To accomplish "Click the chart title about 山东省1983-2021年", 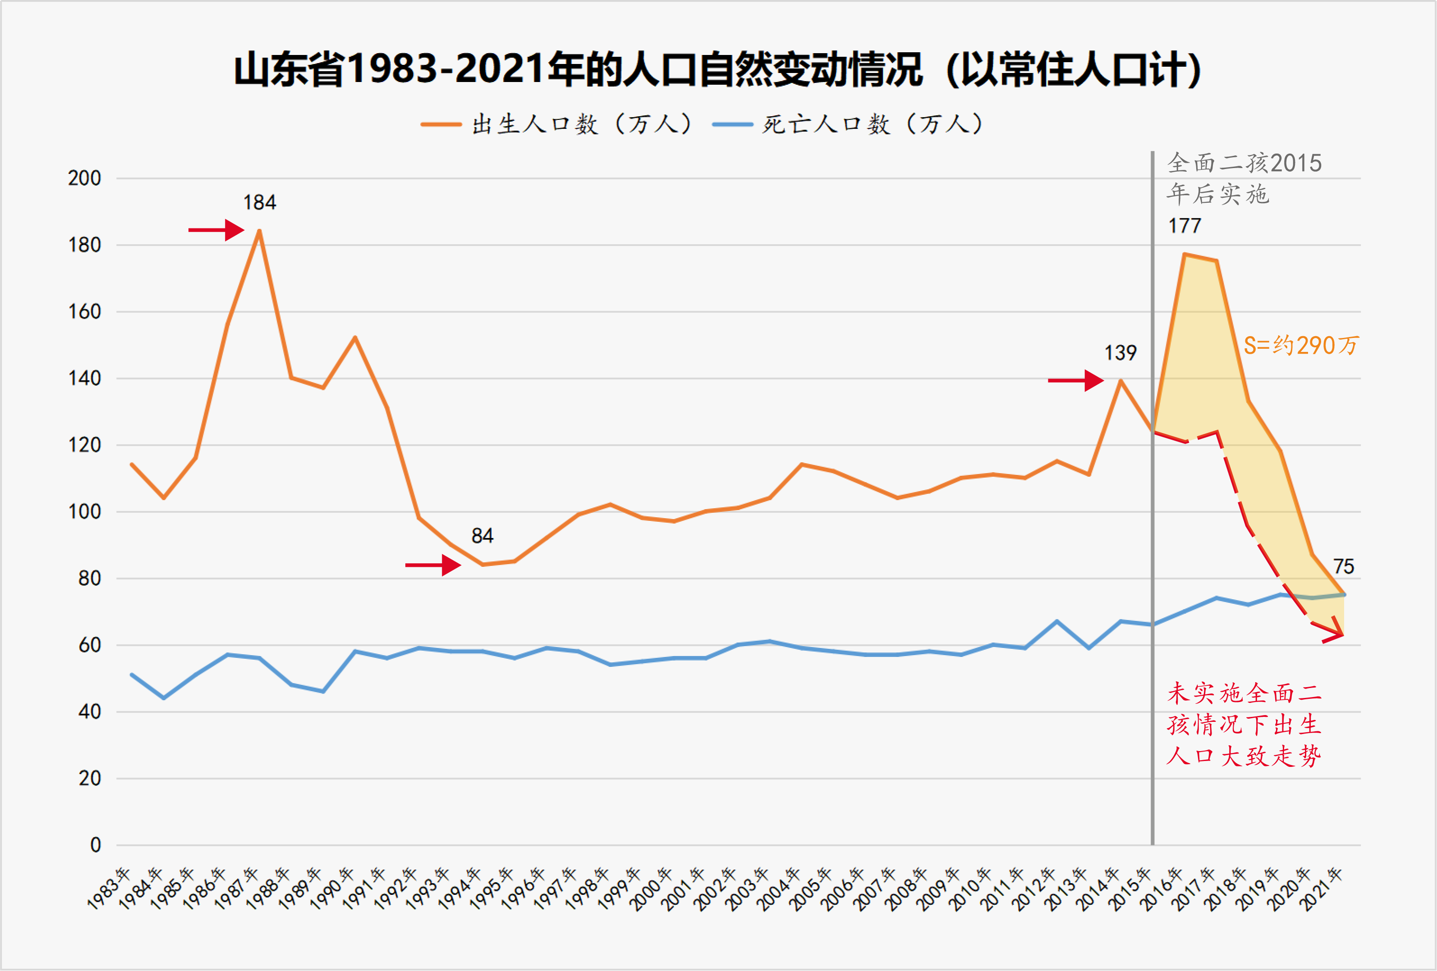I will point(717,69).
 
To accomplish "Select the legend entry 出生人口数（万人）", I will point(556,124).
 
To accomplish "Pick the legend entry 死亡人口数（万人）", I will point(847,124).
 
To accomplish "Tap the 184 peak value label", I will point(259,203).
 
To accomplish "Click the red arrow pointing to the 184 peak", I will point(216,230).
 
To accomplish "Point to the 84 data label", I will point(482,536).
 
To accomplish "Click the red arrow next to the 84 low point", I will point(433,565).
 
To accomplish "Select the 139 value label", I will point(1120,353).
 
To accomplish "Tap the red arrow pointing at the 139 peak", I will point(1075,381).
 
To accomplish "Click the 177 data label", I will point(1184,226).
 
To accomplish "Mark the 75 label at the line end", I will point(1343,567).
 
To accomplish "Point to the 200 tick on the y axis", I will point(85,178).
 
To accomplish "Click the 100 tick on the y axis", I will point(85,512).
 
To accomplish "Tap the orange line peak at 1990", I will point(355,337).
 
